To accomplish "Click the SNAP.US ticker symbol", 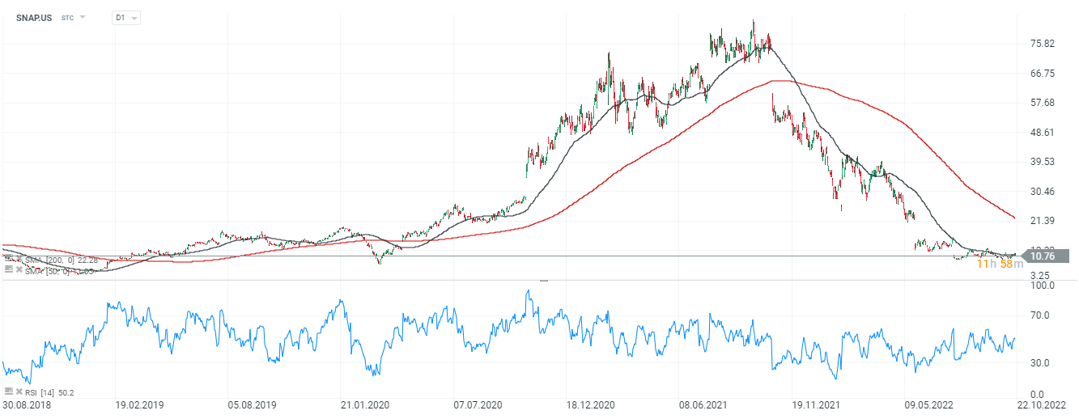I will click(33, 17).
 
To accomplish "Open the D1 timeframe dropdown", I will click(125, 17).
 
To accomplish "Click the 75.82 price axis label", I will click(1043, 44).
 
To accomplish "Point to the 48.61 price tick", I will click(1043, 133).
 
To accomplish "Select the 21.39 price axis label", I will click(1043, 222).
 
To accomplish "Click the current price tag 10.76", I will click(1046, 256).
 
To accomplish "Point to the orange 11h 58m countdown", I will click(1000, 265).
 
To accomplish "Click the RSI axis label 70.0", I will click(1043, 315).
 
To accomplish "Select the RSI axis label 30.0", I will click(1043, 363).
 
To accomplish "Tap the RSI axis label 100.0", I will click(1041, 286).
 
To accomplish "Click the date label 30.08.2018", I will click(27, 405).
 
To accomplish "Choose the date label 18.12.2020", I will click(588, 405).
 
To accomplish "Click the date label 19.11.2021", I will click(814, 405).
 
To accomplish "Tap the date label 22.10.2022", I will click(1041, 405).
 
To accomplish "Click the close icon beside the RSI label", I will click(19, 392).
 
